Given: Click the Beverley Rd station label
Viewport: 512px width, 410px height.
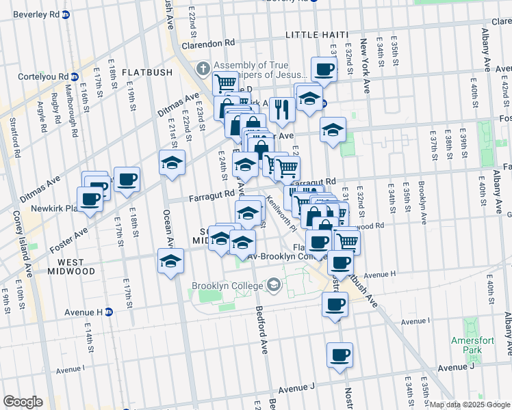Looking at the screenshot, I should (x=31, y=14).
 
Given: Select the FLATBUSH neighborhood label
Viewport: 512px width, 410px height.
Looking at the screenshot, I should (x=144, y=72).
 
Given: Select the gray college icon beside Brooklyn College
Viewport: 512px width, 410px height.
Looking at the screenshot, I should (x=274, y=284).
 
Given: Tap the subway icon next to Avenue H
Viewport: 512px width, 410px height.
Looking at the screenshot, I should (x=108, y=312).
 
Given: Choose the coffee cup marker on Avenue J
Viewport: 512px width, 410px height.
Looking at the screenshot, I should (x=340, y=355).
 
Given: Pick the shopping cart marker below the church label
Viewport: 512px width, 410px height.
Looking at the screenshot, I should (x=226, y=83).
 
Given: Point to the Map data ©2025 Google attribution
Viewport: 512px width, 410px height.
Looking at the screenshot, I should (x=470, y=405).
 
